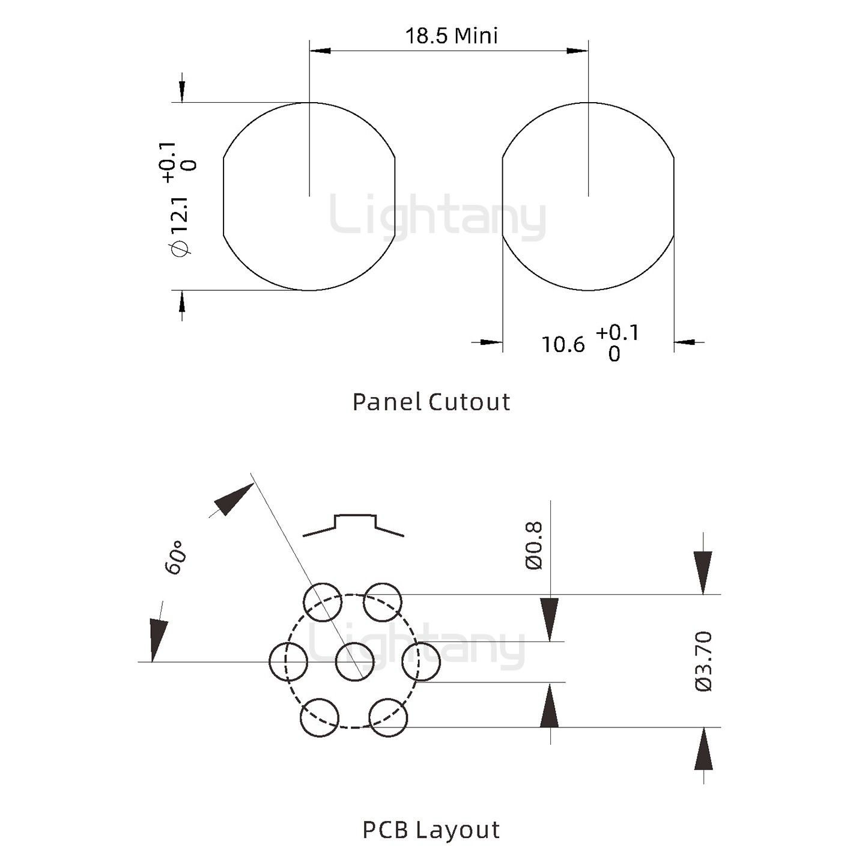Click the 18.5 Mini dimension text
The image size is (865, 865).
451,36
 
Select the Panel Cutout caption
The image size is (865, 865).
431,402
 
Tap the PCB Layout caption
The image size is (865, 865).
431,830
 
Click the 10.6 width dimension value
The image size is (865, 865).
563,345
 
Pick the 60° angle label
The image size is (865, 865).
175,557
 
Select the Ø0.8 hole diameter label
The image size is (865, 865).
533,545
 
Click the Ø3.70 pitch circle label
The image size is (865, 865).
703,661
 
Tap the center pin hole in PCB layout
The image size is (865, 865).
354,661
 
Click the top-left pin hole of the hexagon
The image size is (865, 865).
323,602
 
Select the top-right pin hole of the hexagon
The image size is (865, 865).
383,602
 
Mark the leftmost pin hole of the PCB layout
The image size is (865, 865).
288,661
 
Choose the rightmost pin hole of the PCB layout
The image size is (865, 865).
421,661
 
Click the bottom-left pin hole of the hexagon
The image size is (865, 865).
320,718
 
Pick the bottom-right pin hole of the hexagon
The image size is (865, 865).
388,718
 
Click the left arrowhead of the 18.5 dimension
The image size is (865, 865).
320,50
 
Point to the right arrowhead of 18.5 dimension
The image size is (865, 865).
577,50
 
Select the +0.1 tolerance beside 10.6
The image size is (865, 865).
618,333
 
